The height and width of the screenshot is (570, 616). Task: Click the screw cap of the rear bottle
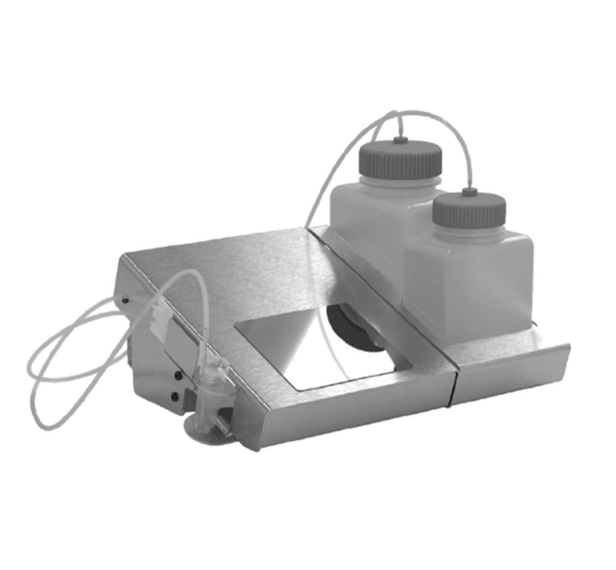point(399,161)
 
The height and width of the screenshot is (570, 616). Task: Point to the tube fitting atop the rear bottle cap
point(400,140)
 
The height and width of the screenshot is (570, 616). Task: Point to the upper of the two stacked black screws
point(179,375)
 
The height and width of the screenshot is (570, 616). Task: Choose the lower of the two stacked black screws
point(174,397)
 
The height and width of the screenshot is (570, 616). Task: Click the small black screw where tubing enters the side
point(125,300)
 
